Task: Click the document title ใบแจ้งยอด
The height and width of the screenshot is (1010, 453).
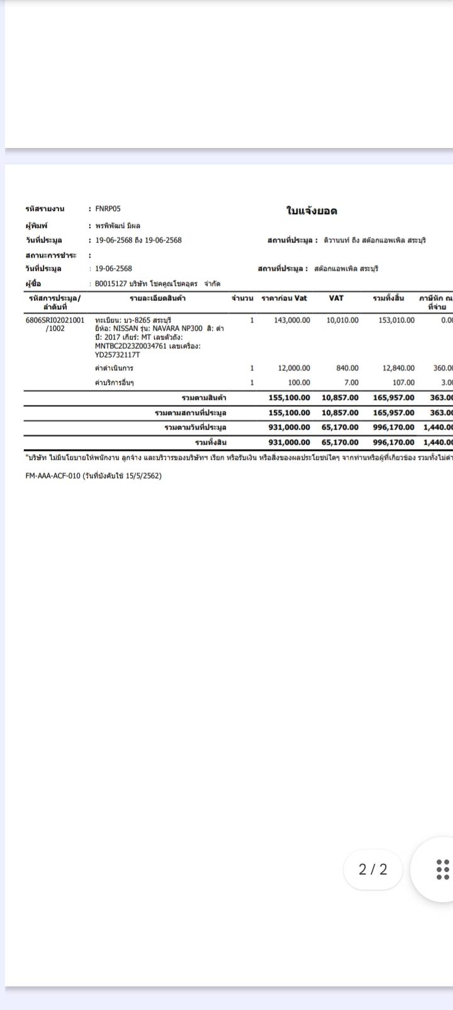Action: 311,211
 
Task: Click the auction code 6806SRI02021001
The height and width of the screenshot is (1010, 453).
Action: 55,320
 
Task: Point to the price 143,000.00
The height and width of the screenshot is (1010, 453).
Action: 292,320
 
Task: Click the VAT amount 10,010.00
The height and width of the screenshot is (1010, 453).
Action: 342,320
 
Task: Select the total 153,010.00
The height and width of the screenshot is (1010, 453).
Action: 396,320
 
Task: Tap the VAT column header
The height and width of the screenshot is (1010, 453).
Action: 336,298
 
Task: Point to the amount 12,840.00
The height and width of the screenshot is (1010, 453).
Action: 398,368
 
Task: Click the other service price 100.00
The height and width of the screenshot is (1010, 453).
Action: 299,382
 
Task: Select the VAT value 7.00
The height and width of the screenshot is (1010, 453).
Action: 351,382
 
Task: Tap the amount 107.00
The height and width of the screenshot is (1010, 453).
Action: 403,382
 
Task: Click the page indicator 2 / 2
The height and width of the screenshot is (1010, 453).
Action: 373,870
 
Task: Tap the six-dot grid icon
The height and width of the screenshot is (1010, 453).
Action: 442,870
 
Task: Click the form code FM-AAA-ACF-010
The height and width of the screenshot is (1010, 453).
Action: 53,475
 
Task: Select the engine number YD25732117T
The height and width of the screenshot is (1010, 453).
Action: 118,355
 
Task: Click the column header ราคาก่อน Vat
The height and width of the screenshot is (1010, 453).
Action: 284,298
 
